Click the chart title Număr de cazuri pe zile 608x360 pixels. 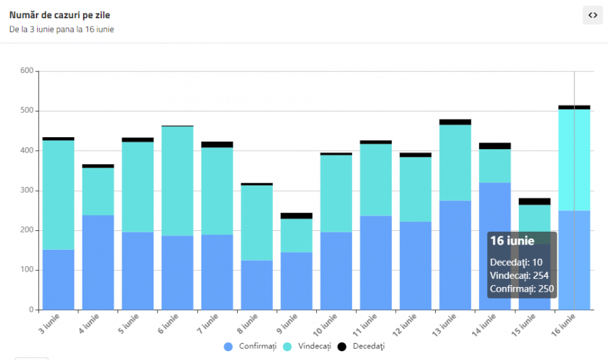tap(59, 14)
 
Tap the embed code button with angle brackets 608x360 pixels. tap(592, 15)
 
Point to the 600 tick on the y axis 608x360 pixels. tap(26, 71)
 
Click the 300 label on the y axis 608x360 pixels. tap(26, 190)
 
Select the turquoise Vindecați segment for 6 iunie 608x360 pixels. tap(177, 181)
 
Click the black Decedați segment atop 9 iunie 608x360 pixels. tap(297, 216)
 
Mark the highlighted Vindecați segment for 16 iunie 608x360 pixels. tap(574, 160)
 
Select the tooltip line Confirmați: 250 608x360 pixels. tap(522, 289)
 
